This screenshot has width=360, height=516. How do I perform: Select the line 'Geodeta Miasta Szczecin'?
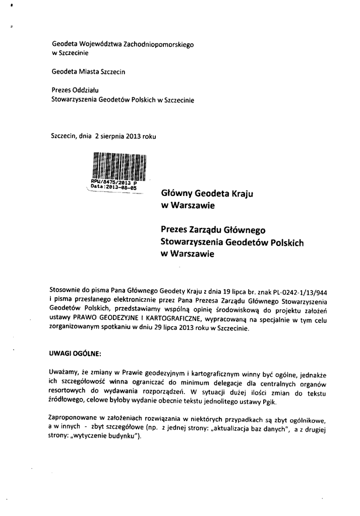(x=88, y=72)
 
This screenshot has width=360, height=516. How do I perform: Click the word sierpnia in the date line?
(x=110, y=135)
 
